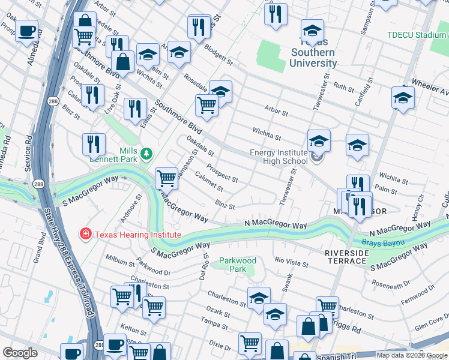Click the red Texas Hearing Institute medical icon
(86, 233)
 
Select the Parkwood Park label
(238, 265)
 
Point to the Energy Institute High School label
(279, 157)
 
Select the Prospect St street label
(222, 174)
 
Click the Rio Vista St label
(291, 262)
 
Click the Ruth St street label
(344, 88)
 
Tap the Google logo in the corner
(20, 353)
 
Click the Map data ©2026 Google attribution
(411, 355)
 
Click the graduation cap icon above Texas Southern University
(312, 31)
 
